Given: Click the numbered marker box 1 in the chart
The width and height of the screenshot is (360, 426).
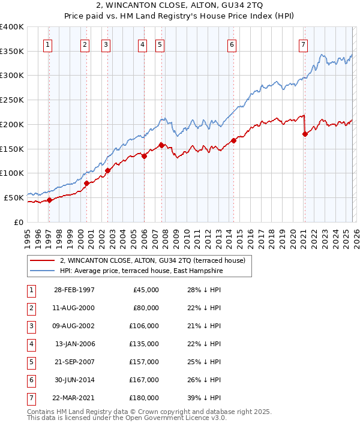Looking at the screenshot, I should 47,44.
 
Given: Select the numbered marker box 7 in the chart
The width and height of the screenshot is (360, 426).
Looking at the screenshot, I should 304,44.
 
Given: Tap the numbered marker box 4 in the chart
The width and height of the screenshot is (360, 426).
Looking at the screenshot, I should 142,44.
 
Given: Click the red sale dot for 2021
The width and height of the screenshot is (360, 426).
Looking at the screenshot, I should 305,134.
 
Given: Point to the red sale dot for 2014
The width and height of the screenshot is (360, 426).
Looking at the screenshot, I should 233,141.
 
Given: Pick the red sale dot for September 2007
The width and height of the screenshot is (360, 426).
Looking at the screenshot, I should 161,145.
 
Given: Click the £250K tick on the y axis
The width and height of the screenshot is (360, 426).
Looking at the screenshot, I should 12,100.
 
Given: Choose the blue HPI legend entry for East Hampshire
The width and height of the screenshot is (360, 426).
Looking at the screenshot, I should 141,271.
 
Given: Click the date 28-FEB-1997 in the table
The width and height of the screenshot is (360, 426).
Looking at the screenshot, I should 74,290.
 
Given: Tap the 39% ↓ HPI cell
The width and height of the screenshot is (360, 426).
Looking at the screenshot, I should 200,397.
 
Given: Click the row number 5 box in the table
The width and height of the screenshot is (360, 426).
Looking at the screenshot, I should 30,361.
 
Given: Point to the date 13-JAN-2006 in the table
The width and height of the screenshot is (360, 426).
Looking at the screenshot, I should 74,344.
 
